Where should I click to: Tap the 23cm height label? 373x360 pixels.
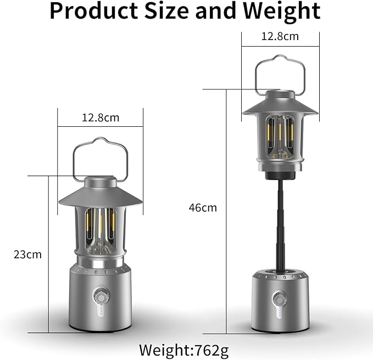pos(27,255)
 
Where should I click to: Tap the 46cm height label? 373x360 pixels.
pos(203,207)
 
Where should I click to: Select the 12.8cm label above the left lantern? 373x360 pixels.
pos(101,117)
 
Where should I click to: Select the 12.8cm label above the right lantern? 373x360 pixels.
pos(280,37)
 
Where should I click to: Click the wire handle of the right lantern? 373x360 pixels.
pos(280,59)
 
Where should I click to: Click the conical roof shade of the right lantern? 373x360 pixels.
pos(280,106)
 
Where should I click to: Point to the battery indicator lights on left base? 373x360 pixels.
pos(101,311)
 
